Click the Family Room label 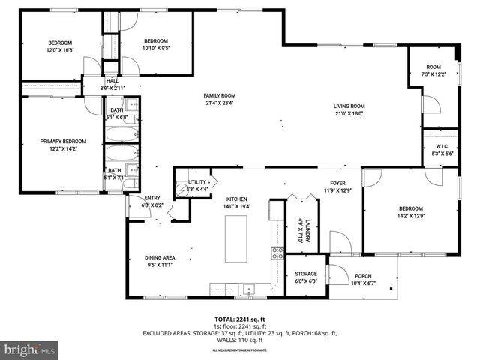[220, 96]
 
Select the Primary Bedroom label [63, 141]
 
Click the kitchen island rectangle [236, 238]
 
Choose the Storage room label [305, 274]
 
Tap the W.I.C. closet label [439, 147]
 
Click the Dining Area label [160, 257]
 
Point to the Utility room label [197, 182]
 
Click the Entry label [152, 197]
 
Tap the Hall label [112, 80]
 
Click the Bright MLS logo [30, 349]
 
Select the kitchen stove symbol [277, 252]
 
